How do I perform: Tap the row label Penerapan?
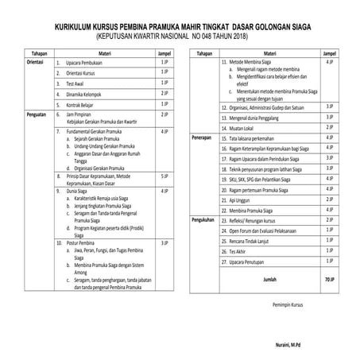204,136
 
